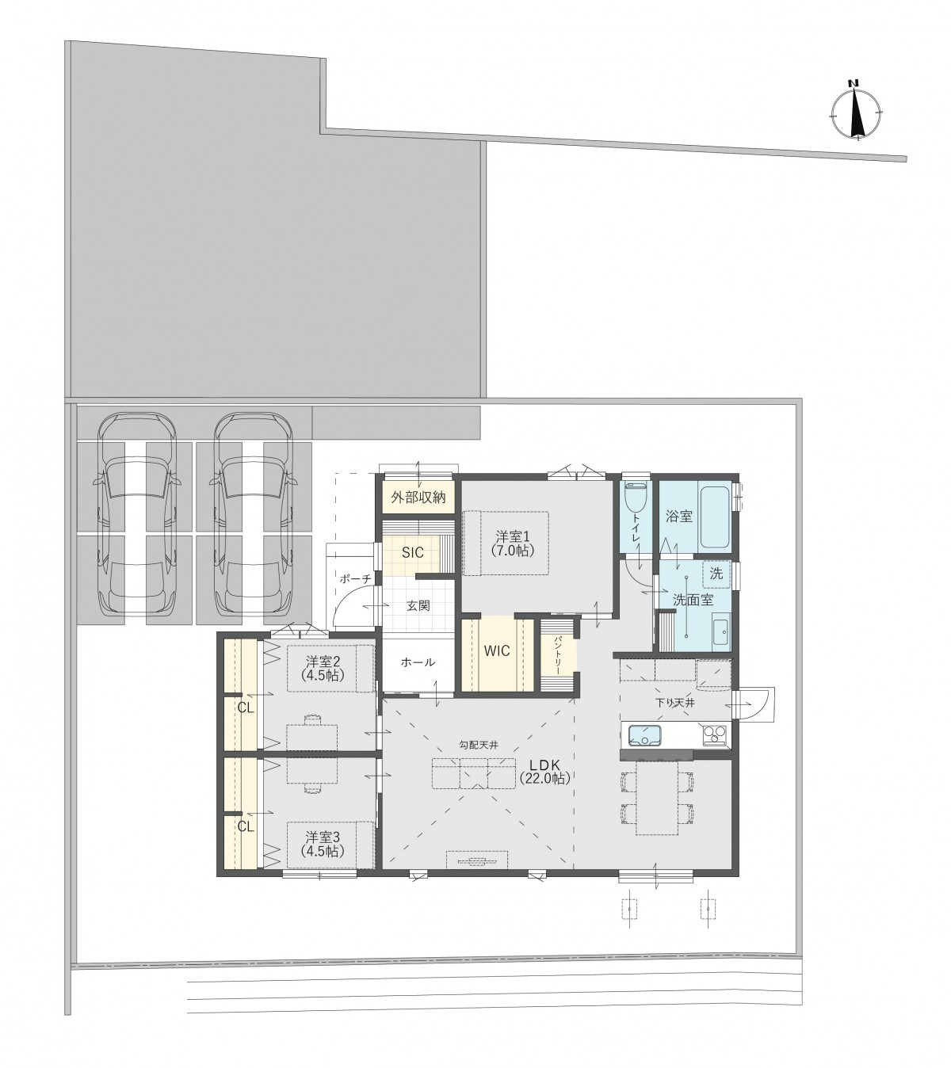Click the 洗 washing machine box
point(716,574)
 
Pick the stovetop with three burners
point(714,734)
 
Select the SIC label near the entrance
point(412,553)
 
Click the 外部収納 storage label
point(418,497)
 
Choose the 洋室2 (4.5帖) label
point(322,668)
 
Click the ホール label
point(418,662)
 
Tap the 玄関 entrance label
point(418,605)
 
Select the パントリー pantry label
point(557,655)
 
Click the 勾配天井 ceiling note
point(478,745)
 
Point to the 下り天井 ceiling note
point(675,703)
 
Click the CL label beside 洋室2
point(245,708)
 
